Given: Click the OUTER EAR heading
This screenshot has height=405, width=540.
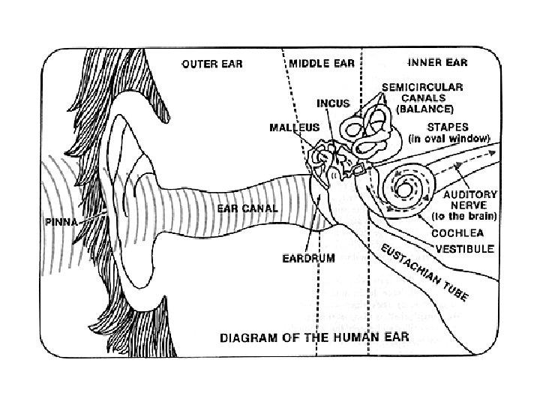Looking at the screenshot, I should pyautogui.click(x=213, y=64).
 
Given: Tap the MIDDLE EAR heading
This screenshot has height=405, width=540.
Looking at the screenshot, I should pyautogui.click(x=323, y=64).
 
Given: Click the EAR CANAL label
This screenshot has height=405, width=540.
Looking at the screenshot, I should pyautogui.click(x=246, y=208).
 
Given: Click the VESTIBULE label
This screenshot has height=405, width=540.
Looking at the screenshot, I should pyautogui.click(x=465, y=247).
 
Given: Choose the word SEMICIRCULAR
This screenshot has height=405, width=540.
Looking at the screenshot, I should pyautogui.click(x=422, y=87).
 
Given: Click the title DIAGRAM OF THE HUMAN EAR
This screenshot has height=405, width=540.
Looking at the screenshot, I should pyautogui.click(x=314, y=337).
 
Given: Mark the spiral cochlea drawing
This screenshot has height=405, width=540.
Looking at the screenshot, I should pyautogui.click(x=406, y=187).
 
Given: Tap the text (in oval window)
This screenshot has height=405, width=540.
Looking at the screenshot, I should pyautogui.click(x=448, y=139).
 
